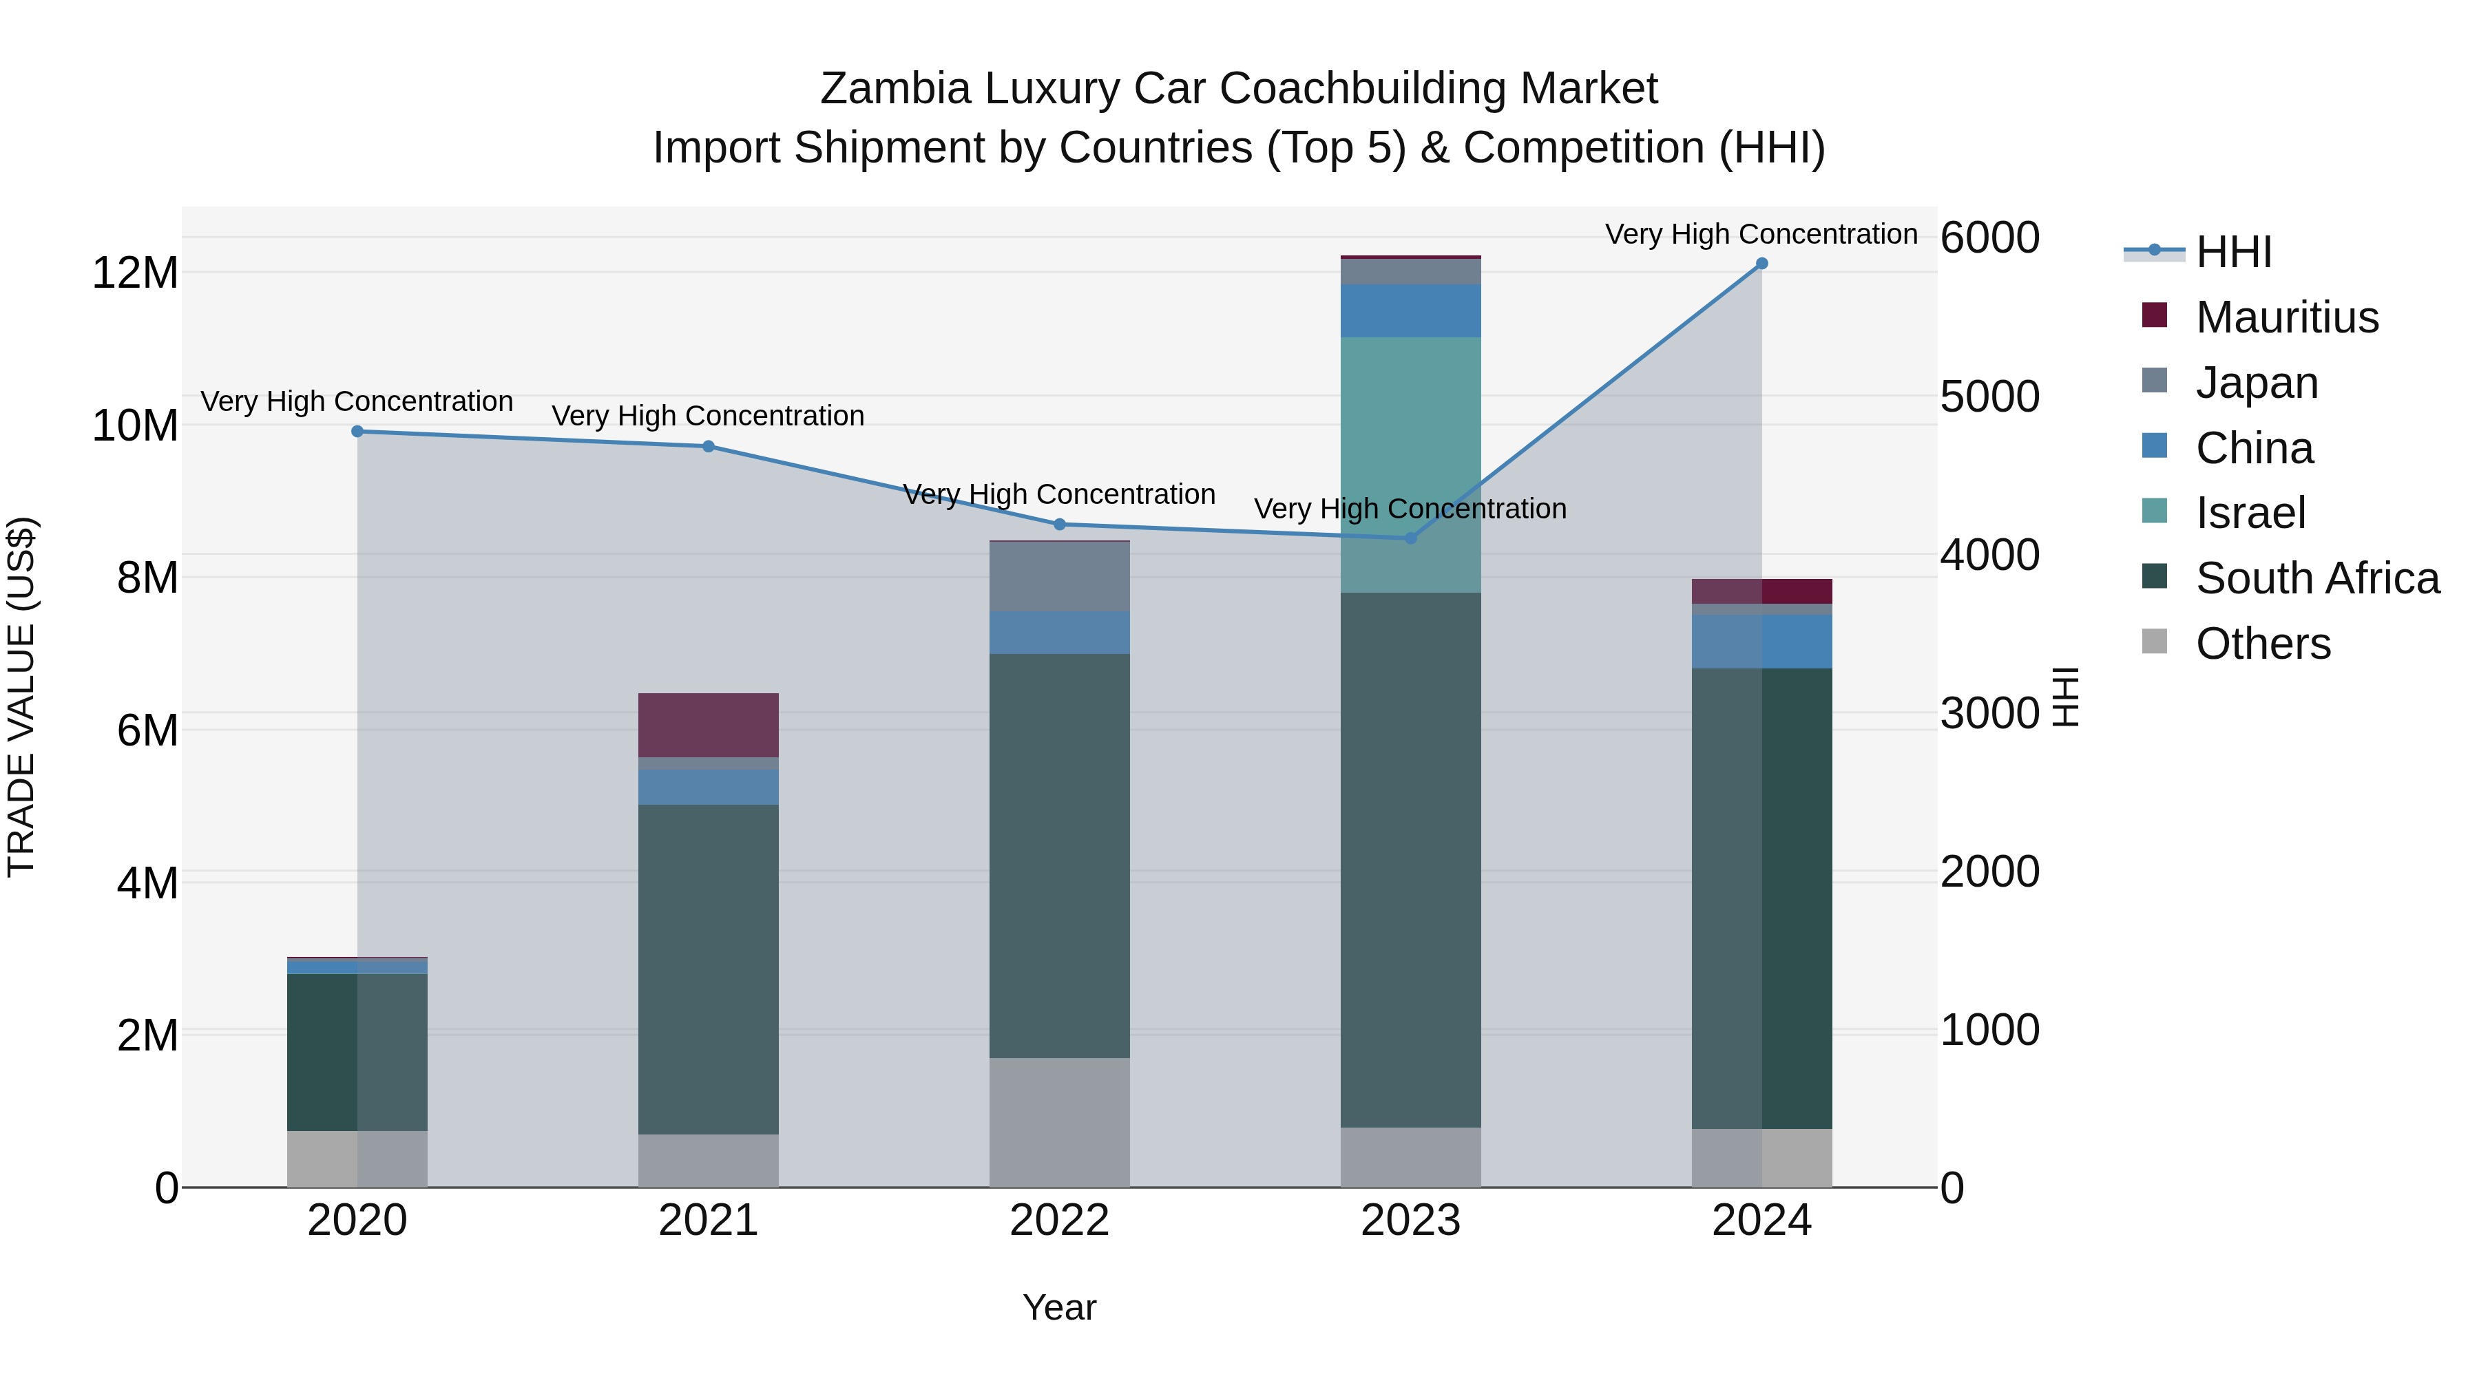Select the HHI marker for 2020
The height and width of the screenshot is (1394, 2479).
tap(357, 431)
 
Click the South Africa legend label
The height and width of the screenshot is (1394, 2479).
tap(2317, 578)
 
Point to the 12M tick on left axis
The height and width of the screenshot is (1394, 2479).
tap(135, 273)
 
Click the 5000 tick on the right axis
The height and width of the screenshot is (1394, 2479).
tap(1989, 397)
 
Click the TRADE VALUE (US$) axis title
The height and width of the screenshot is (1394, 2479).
tap(21, 697)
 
